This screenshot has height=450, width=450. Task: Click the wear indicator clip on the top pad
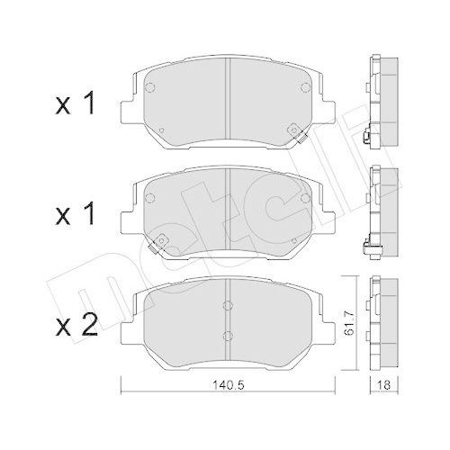[295, 135]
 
